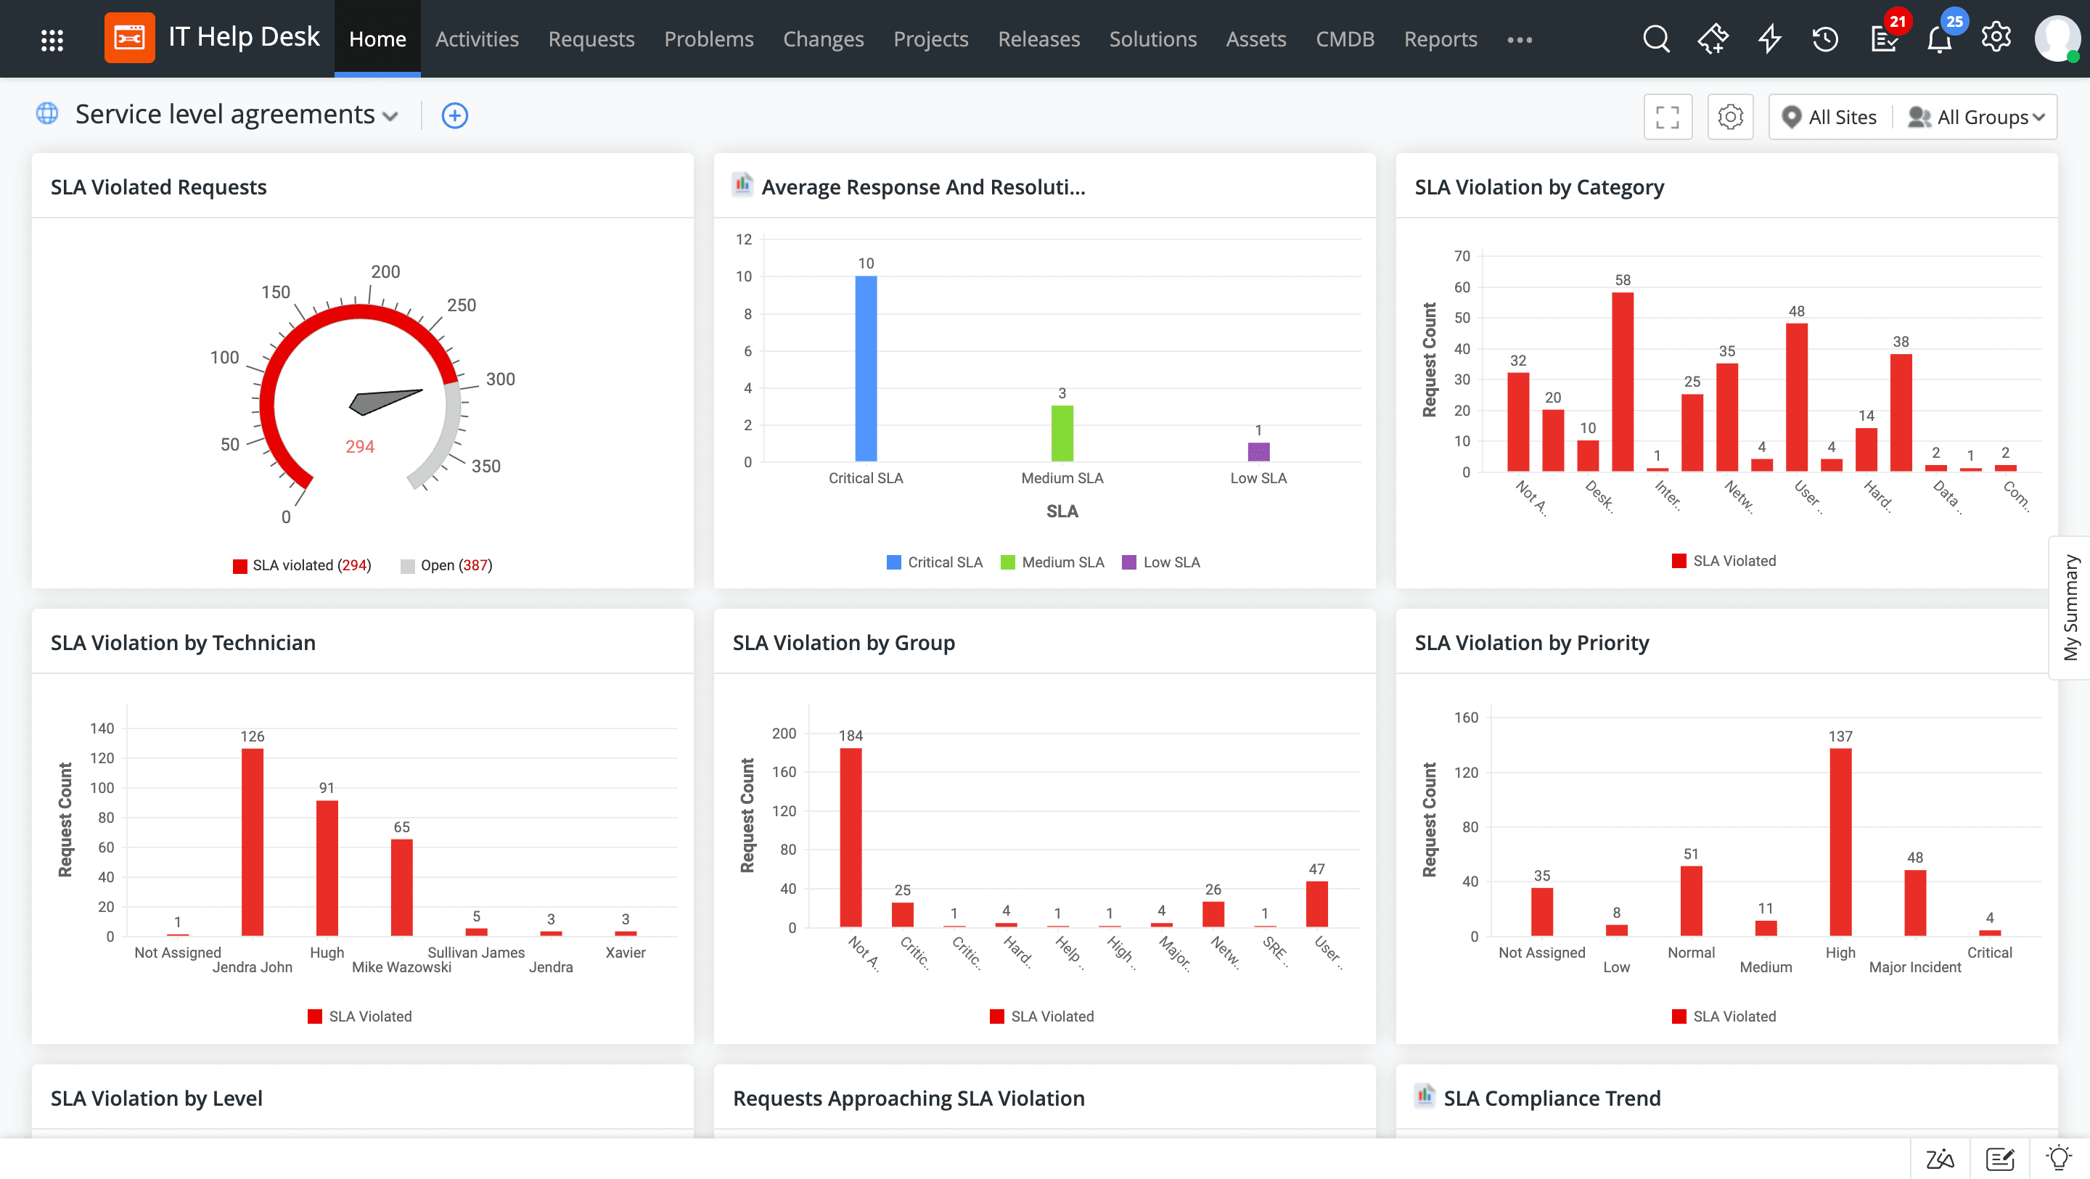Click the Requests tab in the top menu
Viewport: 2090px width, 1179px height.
coord(591,39)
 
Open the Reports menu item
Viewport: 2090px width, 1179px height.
coord(1440,39)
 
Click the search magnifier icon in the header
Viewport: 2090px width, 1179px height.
coord(1656,38)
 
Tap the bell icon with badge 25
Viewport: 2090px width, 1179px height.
coord(1939,39)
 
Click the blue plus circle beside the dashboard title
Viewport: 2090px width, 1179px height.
coord(454,115)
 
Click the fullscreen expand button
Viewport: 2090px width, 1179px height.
coord(1668,117)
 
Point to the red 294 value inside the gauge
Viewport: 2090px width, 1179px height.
coord(359,446)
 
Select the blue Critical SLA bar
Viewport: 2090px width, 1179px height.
coord(866,369)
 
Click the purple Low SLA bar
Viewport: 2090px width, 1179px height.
coord(1258,452)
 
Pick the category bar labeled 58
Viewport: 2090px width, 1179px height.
coord(1623,382)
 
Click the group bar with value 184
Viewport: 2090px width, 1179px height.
coord(851,837)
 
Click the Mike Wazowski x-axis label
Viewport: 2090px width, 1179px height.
coord(401,966)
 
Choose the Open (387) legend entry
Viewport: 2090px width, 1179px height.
coord(447,566)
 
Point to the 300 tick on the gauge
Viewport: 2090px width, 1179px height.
coord(500,379)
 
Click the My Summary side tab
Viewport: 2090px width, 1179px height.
coord(2070,607)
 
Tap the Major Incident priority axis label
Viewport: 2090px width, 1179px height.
coord(1915,966)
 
